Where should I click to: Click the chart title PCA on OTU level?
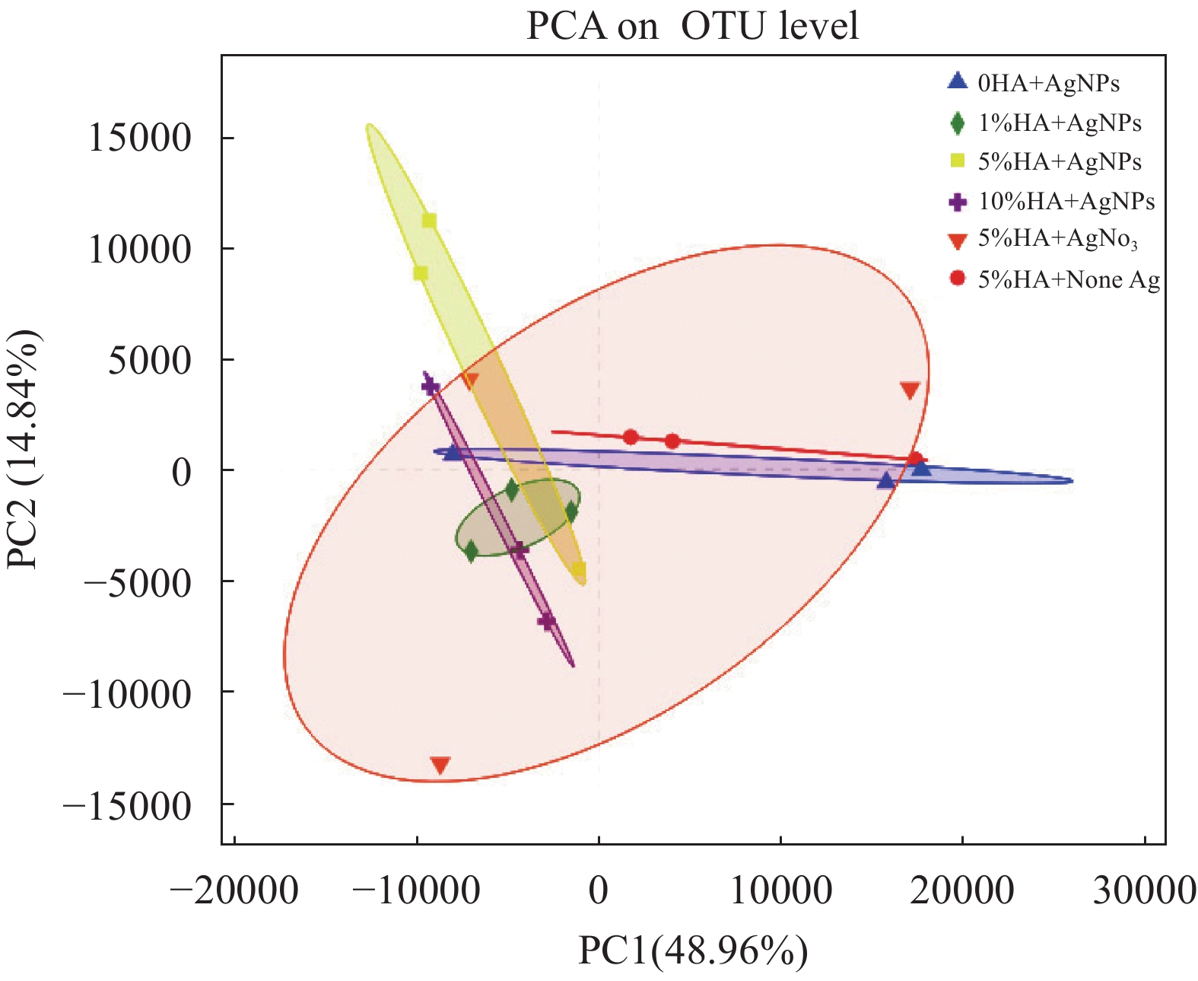692,26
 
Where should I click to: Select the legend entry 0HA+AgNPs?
1048,83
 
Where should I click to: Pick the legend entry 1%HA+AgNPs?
1060,123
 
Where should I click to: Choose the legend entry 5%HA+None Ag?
1069,279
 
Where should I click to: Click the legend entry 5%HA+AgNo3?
1057,239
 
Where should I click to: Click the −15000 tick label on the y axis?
127,805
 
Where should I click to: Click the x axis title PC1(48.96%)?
693,951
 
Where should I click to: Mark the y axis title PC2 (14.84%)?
23,449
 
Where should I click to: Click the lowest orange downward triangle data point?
440,764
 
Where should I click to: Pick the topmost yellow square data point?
429,221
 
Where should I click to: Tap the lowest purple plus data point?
546,622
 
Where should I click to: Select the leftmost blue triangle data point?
453,453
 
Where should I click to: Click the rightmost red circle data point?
916,460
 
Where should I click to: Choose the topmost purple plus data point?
431,387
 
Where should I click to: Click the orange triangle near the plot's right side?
910,390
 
